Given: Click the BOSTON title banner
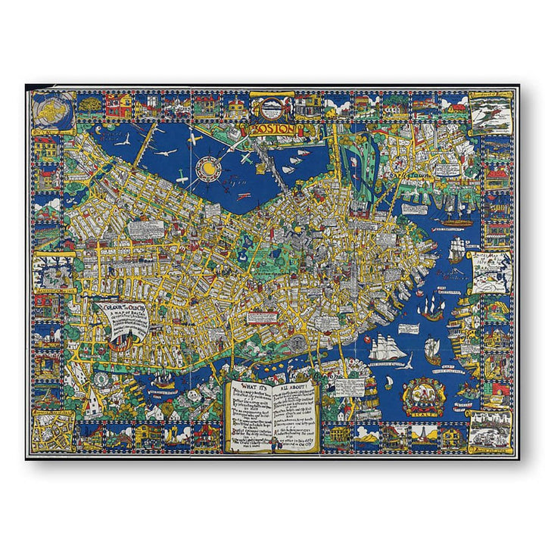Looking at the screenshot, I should coord(272,129).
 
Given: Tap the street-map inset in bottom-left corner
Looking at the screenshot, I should coord(53,431).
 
